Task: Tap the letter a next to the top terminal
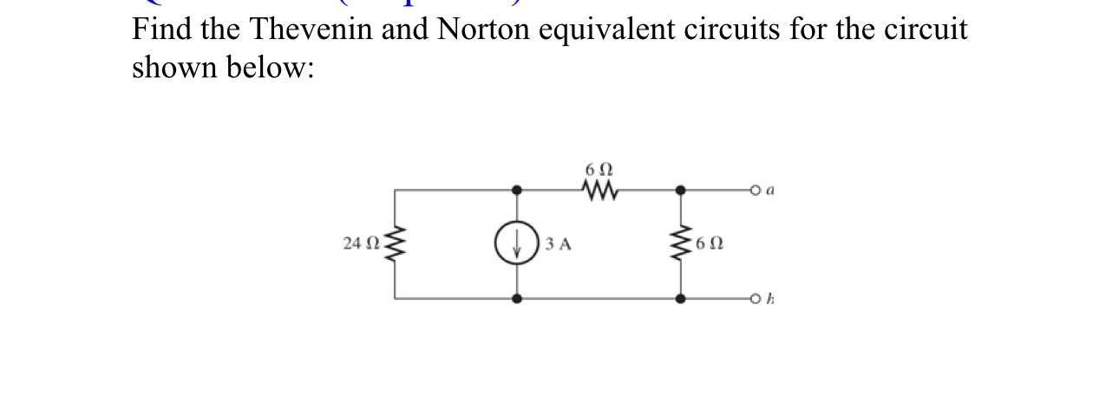point(769,186)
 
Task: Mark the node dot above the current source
point(518,189)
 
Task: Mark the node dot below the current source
point(518,299)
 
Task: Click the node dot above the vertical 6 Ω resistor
point(680,189)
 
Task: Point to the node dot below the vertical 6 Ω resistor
point(680,299)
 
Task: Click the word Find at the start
point(162,30)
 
